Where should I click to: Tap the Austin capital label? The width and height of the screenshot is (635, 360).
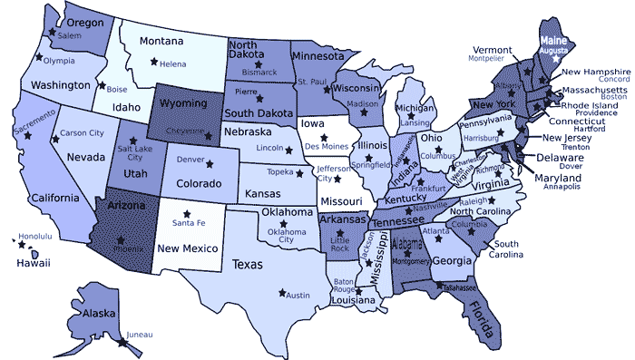tap(298, 295)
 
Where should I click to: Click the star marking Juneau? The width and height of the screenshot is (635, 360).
tap(122, 342)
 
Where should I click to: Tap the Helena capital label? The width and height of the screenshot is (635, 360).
tap(172, 64)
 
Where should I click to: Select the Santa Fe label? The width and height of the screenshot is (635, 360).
tap(188, 223)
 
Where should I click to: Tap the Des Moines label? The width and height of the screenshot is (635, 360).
tap(326, 146)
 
